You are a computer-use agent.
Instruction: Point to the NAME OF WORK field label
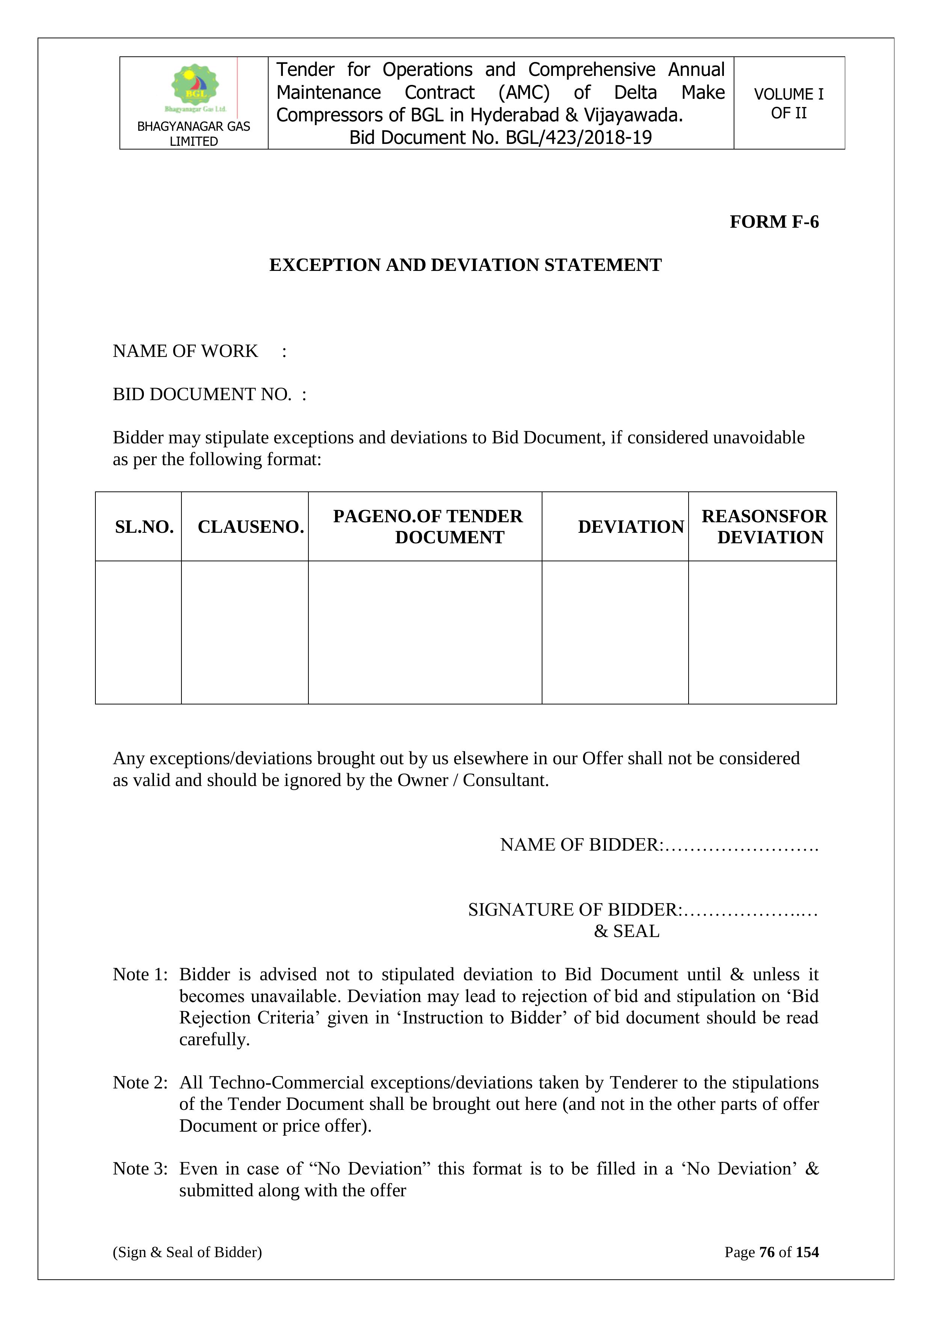coord(185,351)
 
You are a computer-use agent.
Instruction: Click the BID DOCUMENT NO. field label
coord(202,394)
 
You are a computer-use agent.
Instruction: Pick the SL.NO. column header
coord(144,527)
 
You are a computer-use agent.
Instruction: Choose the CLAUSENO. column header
coord(251,527)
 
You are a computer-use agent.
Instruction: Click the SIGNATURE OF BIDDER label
coord(574,910)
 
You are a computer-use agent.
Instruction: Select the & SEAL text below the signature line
coord(627,931)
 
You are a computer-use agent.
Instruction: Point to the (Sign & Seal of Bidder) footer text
coord(187,1252)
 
